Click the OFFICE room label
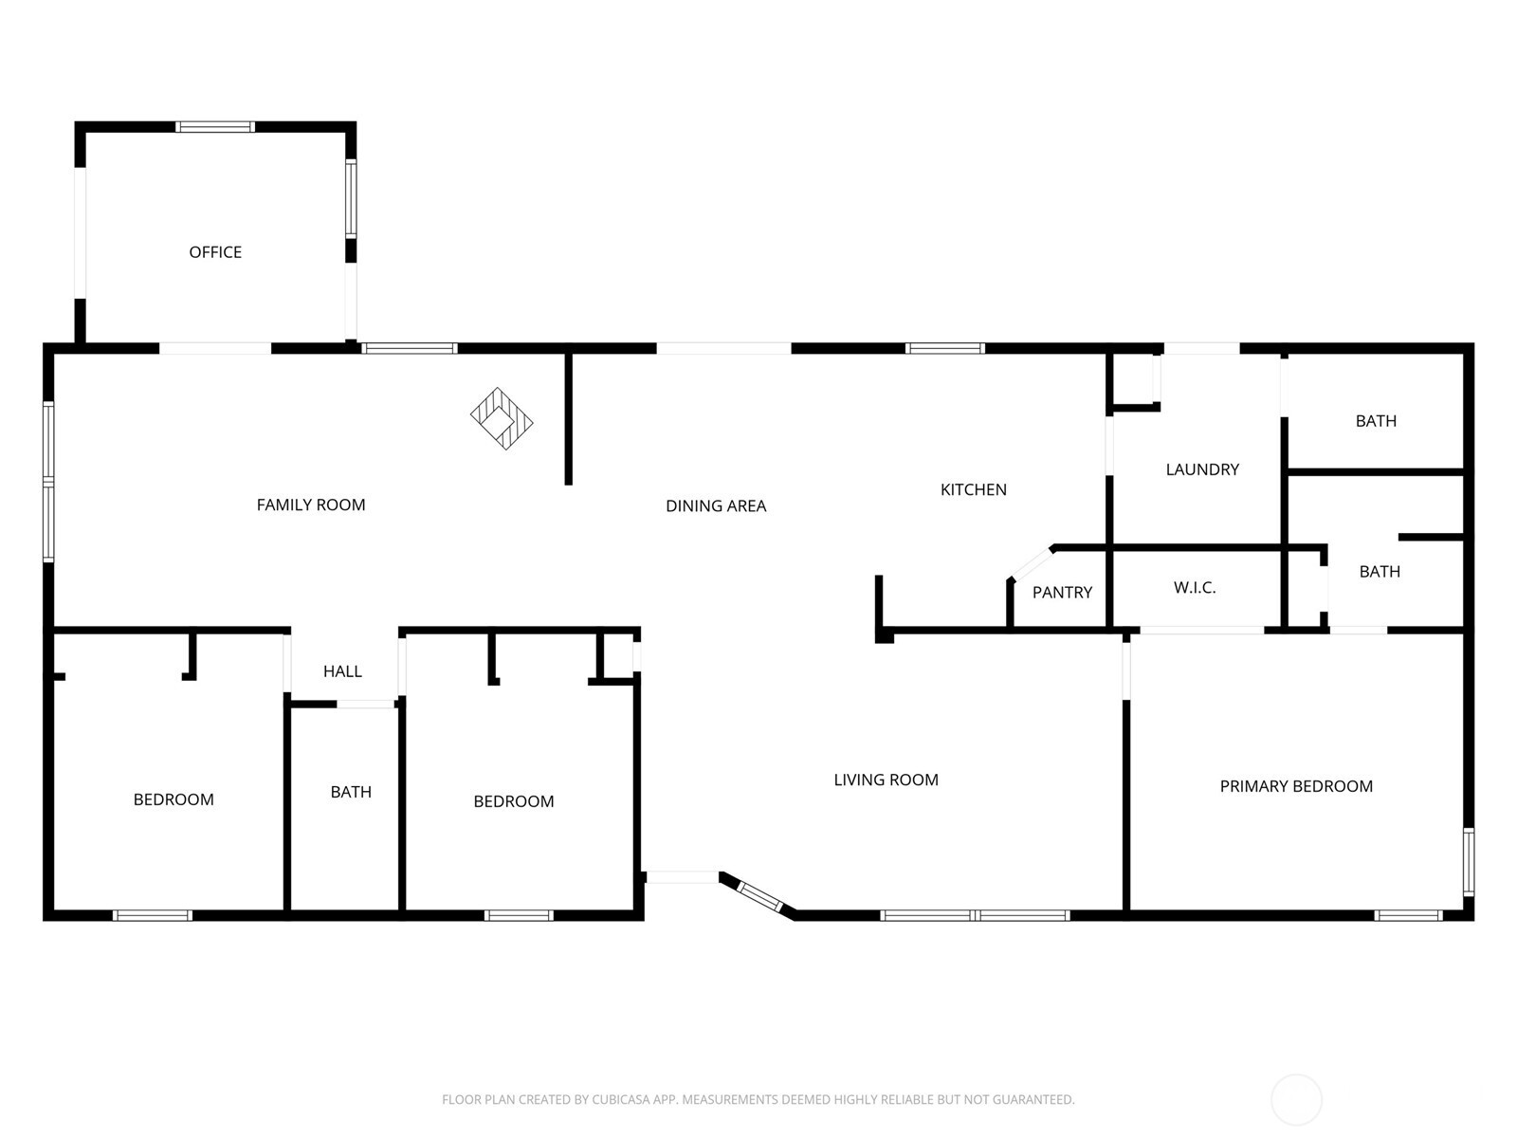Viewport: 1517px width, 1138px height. pos(215,252)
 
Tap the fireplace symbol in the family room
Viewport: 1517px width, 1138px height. pos(502,418)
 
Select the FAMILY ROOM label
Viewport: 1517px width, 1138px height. pos(311,505)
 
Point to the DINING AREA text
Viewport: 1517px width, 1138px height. pos(716,506)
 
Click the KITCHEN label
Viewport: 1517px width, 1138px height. pos(973,490)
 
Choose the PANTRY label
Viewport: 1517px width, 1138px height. pos(1062,593)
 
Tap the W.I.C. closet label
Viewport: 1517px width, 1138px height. pos(1195,588)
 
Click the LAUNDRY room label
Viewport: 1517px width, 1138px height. pos(1202,469)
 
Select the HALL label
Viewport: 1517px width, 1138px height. pos(342,671)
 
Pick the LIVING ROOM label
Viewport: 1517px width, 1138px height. pos(886,780)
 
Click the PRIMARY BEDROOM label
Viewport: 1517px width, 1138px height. pos(1295,786)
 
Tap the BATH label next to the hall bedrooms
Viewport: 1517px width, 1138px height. pos(351,792)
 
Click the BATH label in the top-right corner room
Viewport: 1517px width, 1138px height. pos(1376,421)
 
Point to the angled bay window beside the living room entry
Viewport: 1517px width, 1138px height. pos(758,894)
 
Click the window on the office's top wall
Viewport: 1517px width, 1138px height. pos(215,127)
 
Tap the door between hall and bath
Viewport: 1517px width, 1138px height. pos(366,704)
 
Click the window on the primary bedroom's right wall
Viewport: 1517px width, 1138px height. pos(1469,861)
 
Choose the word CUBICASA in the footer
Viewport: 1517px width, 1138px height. pos(621,1100)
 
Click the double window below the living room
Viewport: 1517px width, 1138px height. pos(975,915)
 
